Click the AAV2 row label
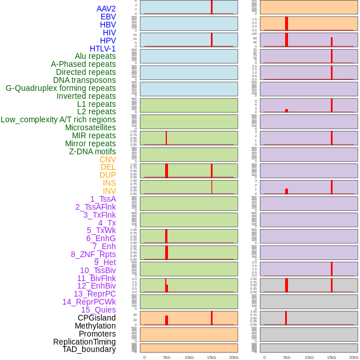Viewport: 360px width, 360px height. coord(106,9)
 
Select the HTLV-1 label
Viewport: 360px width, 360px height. coord(103,49)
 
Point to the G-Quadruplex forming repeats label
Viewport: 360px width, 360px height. coord(61,88)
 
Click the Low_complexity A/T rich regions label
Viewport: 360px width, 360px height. coord(58,119)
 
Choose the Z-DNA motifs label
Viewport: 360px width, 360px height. coord(93,151)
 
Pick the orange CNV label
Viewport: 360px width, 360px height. coord(107,159)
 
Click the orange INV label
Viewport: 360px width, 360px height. coord(109,191)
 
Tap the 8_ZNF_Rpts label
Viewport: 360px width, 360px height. coord(93,254)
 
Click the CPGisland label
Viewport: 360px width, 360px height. coord(97,318)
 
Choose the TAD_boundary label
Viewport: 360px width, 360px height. coord(89,349)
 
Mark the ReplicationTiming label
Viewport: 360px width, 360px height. coord(85,342)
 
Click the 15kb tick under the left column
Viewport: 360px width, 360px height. coord(211,357)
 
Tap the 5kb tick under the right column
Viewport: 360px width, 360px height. coord(287,357)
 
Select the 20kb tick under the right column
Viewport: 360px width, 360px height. coord(354,357)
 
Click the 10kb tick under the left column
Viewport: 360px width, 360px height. coord(189,357)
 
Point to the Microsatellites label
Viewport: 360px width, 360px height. coord(90,127)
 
